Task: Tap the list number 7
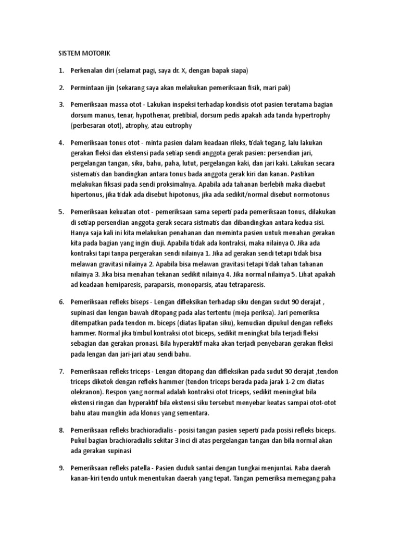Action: click(60, 371)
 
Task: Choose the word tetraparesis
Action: click(244, 285)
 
